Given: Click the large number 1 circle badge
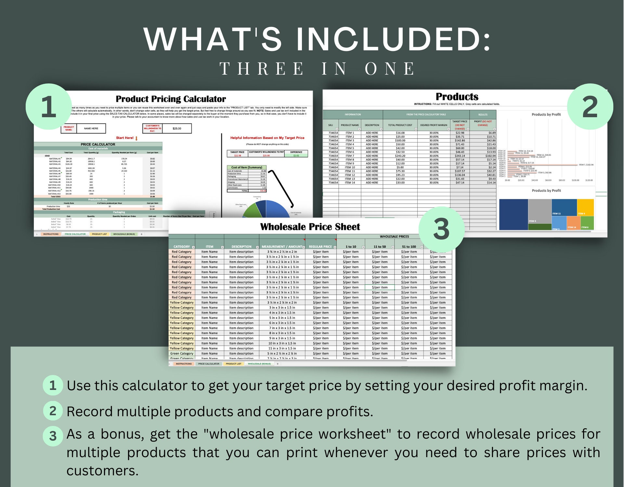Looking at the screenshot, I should [x=49, y=107].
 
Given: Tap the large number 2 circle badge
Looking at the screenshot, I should [x=590, y=107].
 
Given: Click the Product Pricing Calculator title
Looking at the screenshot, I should [x=171, y=99].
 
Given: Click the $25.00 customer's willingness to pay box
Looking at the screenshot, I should [x=177, y=129].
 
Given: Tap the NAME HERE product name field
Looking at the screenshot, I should [x=91, y=129].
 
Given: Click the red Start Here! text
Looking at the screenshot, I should [x=125, y=138].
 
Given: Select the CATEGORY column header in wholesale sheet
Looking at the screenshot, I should [x=181, y=247].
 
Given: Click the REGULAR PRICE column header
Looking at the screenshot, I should [x=320, y=247].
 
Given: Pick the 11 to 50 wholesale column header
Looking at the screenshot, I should [x=380, y=247].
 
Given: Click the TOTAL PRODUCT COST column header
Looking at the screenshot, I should [x=400, y=125].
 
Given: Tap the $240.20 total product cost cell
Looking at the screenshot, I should [x=400, y=156].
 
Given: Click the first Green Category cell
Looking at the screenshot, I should [x=182, y=354].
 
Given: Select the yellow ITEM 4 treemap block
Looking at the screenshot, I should [x=585, y=207].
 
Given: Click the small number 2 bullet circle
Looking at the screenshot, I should [x=53, y=411].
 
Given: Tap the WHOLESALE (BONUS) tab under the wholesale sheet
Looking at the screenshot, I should [x=259, y=364].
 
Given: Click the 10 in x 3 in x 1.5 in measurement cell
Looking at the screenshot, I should [x=282, y=343].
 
